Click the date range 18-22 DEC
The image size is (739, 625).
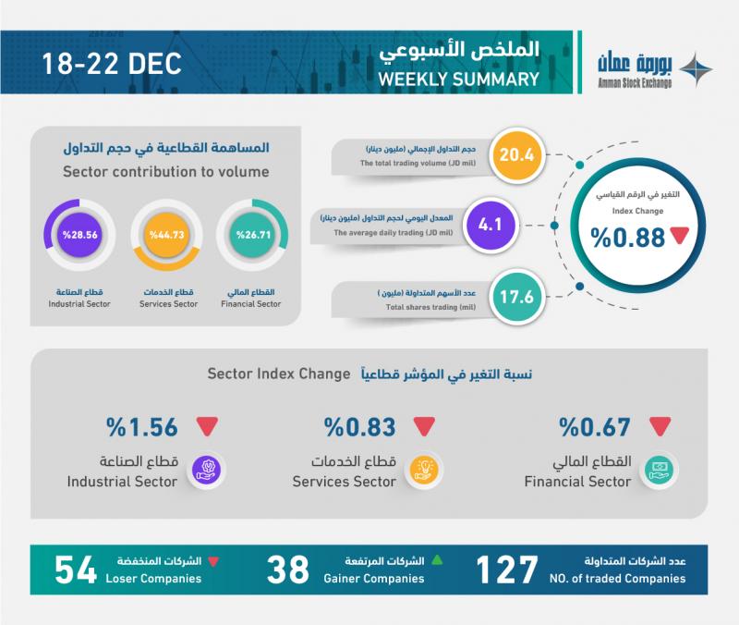coord(112,64)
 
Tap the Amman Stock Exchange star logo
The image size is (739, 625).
coord(697,70)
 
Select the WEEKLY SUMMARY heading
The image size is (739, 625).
coord(458,79)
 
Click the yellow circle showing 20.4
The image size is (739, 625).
coord(517,154)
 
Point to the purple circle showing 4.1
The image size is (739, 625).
coord(491,225)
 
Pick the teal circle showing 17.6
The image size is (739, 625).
coord(517,297)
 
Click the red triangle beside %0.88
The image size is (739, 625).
coord(680,235)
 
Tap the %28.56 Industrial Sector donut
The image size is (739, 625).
coord(79,235)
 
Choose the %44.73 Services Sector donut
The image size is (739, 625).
coord(167,235)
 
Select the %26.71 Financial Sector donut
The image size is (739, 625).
coord(252,235)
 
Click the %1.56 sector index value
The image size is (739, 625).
coord(142,427)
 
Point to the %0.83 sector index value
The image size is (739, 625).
coord(359,427)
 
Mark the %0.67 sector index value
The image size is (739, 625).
coord(595,427)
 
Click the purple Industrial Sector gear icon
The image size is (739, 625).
coord(206,471)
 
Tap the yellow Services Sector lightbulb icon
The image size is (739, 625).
coord(424,471)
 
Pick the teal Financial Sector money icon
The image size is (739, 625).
coord(660,471)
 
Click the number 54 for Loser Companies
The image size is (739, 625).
coord(76,570)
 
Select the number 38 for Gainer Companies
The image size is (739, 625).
coord(287,570)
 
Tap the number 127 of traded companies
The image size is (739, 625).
coord(506,570)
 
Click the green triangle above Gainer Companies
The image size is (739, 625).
coord(437,560)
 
